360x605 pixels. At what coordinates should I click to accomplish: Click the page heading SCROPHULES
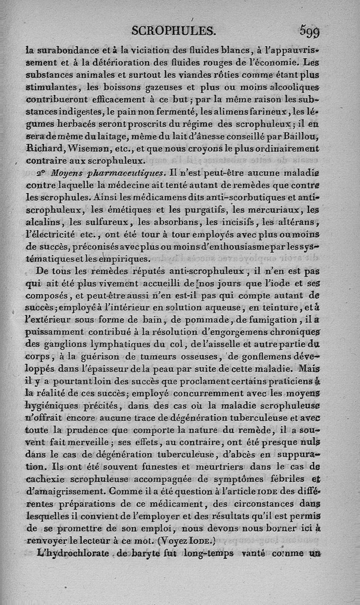(x=174, y=30)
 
